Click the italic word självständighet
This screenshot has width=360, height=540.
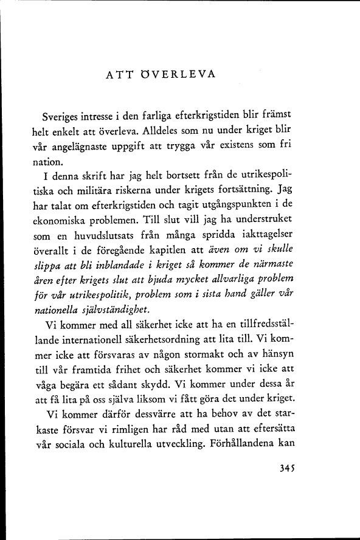117,309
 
